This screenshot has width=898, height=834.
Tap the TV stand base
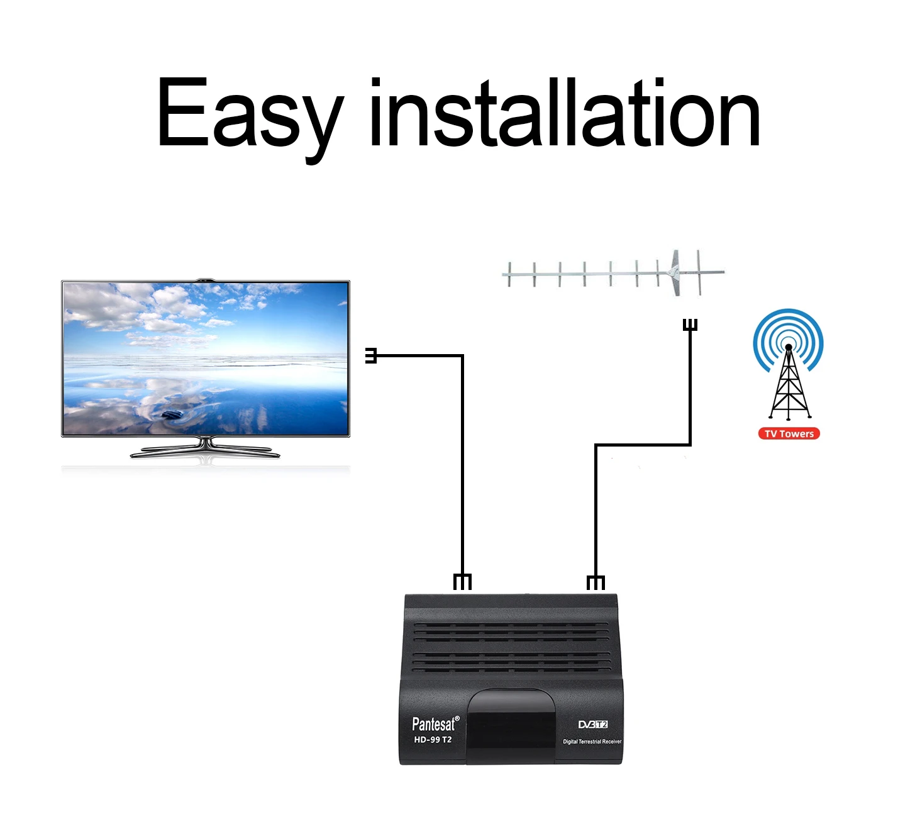click(x=205, y=451)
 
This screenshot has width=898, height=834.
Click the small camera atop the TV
click(x=205, y=279)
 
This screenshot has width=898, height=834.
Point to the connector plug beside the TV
click(x=371, y=356)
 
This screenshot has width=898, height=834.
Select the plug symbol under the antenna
click(x=690, y=325)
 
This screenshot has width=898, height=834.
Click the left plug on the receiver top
click(x=462, y=582)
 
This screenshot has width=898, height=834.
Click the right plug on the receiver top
click(x=596, y=582)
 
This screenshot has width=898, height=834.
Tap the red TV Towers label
click(x=789, y=433)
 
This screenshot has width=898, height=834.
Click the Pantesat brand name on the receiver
click(x=435, y=724)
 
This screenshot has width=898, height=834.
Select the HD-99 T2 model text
click(x=433, y=740)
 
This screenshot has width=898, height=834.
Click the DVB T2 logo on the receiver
click(x=592, y=725)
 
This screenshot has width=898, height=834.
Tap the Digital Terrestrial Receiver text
click(x=592, y=742)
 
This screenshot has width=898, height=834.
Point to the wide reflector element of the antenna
click(x=675, y=273)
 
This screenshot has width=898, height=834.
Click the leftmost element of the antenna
click(x=510, y=274)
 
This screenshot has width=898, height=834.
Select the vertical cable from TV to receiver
click(x=462, y=465)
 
